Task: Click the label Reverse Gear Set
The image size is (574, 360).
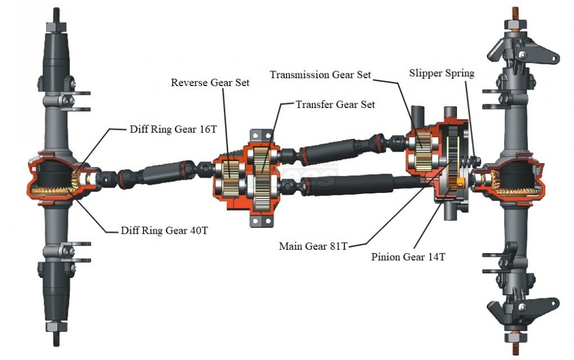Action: (x=210, y=82)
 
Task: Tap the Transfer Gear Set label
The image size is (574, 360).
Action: (x=335, y=104)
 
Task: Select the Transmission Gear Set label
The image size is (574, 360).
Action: (x=321, y=75)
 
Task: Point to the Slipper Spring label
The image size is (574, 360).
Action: (x=442, y=73)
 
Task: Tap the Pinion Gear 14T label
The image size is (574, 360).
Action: (x=408, y=257)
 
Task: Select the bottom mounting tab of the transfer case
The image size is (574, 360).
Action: (x=259, y=221)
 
